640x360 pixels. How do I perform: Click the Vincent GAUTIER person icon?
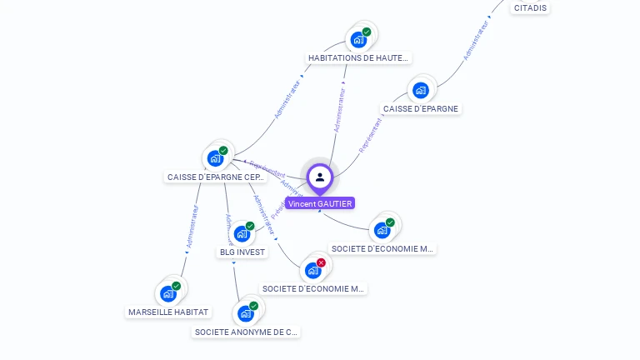point(320,177)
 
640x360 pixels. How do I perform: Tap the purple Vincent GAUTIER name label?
point(320,203)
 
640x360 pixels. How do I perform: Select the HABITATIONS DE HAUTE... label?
point(358,58)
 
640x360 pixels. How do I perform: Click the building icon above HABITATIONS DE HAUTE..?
point(358,39)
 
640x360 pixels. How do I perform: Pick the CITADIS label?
point(530,8)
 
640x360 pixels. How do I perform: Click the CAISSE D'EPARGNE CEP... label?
point(216,177)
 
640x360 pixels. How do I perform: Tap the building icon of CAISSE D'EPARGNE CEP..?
point(216,157)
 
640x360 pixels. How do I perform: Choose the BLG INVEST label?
point(242,252)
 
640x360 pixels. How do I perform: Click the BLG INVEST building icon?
point(242,233)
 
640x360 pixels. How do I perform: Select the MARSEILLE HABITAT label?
point(168,312)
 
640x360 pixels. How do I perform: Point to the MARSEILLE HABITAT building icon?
point(168,293)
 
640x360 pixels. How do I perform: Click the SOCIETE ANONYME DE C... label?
point(245,332)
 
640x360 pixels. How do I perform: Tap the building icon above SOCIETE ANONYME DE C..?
point(246,313)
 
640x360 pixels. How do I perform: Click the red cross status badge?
point(321,262)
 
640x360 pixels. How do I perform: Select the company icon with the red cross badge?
point(313,270)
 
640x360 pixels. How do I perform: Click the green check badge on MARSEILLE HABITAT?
point(176,286)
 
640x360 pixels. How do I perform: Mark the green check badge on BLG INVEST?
point(250,226)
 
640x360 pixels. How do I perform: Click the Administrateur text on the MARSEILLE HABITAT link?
point(192,227)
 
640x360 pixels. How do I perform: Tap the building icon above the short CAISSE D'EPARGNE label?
point(421,90)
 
